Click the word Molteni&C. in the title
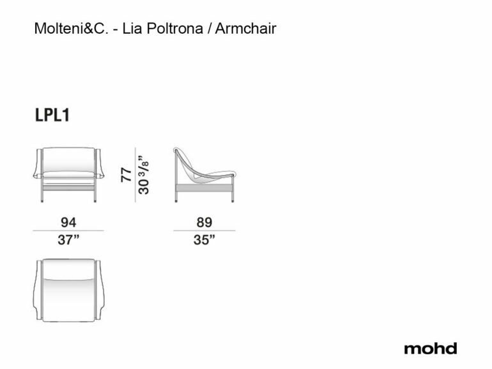[x=71, y=29]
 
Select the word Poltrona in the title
[x=175, y=29]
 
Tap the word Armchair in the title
[x=246, y=29]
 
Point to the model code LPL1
[x=52, y=115]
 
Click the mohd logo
[x=431, y=349]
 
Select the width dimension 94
[x=68, y=222]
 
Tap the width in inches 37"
[x=68, y=240]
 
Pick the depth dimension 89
[x=204, y=222]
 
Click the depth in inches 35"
[x=204, y=240]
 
